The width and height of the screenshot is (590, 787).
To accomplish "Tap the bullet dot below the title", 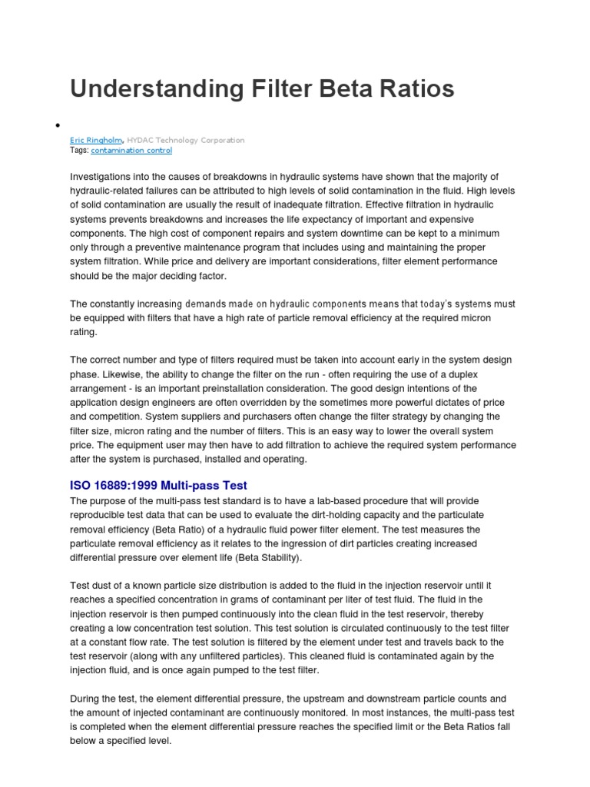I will pyautogui.click(x=58, y=125).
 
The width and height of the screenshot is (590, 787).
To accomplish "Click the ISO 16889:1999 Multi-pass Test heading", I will pyautogui.click(x=158, y=485).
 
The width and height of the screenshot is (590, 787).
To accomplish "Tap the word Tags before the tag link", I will pyautogui.click(x=78, y=151).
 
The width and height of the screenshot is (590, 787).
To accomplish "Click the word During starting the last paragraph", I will pyautogui.click(x=87, y=699).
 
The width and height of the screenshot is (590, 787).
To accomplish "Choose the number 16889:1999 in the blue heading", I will pyautogui.click(x=131, y=485).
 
